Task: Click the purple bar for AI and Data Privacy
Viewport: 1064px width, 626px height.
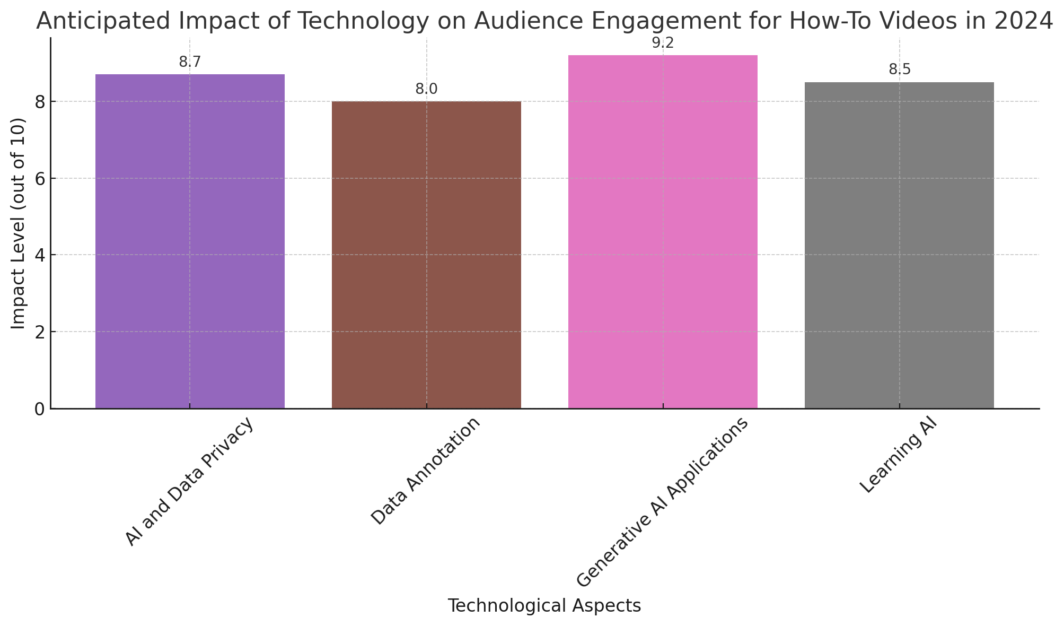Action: tap(190, 241)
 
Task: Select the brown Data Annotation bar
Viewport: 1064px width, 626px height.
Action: tap(426, 255)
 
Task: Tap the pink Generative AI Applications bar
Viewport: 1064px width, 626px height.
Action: tap(663, 232)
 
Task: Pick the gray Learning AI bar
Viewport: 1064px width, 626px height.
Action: tap(899, 245)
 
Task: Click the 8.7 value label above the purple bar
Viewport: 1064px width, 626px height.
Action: tap(190, 62)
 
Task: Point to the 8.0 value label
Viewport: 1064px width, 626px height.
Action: tap(426, 89)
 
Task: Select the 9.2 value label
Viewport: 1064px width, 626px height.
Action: tap(663, 44)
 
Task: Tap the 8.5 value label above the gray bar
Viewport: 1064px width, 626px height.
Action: tap(899, 70)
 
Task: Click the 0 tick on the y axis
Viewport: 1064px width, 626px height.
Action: tap(39, 409)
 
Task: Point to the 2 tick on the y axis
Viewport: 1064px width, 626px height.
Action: tap(39, 332)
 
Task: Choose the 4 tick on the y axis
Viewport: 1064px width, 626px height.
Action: tap(39, 255)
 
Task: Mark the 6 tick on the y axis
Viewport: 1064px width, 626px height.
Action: tap(39, 178)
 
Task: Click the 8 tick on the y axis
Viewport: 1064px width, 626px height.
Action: tap(39, 102)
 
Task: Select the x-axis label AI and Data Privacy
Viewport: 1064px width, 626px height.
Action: tap(190, 482)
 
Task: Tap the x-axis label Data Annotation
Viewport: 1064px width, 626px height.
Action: tap(426, 471)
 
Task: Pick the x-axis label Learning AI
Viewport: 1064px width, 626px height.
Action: tap(899, 456)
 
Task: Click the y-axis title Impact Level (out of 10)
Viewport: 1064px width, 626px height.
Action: tap(19, 223)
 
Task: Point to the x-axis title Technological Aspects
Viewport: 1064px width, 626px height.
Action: tap(544, 606)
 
